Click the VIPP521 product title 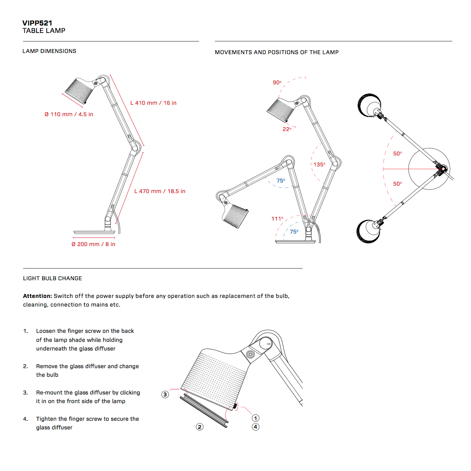click(x=37, y=23)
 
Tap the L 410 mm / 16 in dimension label click(x=153, y=103)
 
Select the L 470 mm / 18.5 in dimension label click(x=160, y=191)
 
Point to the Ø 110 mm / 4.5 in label click(x=69, y=114)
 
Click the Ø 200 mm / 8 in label click(x=93, y=244)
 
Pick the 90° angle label click(x=277, y=82)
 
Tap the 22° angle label click(x=287, y=129)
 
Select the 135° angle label click(x=319, y=164)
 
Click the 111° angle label click(x=277, y=219)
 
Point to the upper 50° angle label click(x=398, y=153)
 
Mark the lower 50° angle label click(x=398, y=184)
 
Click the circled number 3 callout click(x=165, y=394)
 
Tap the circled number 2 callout click(x=200, y=427)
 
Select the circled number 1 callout click(x=256, y=418)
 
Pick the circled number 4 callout click(x=256, y=427)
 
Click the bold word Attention click(x=37, y=296)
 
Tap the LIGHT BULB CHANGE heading click(x=53, y=278)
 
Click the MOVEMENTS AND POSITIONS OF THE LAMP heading click(x=277, y=52)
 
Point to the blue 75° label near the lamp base click(x=294, y=232)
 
